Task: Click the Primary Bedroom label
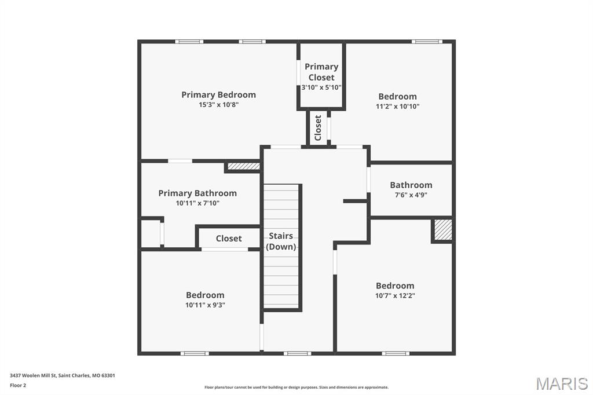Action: tap(218, 94)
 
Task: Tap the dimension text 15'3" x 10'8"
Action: tap(218, 105)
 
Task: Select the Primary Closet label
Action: tap(321, 72)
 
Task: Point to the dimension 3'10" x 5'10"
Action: tap(321, 87)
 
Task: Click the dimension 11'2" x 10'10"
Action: tap(397, 107)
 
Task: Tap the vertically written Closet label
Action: tap(318, 128)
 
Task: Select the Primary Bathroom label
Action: tap(197, 193)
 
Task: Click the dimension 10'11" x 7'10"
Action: tap(197, 203)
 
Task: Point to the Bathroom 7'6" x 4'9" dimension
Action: tap(411, 195)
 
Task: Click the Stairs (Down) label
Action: tap(281, 241)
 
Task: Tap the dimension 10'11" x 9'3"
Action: tap(205, 305)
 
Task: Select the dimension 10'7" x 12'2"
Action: tap(395, 295)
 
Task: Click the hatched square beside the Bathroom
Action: tap(442, 230)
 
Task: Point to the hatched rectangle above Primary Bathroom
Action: tap(244, 166)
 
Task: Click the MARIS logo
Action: tap(562, 383)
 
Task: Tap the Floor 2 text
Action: tap(18, 386)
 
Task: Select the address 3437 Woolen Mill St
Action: tap(33, 375)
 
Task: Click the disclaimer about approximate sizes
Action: tap(296, 387)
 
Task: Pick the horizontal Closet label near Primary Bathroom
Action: tap(229, 239)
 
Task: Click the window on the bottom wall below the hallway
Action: tap(298, 353)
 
